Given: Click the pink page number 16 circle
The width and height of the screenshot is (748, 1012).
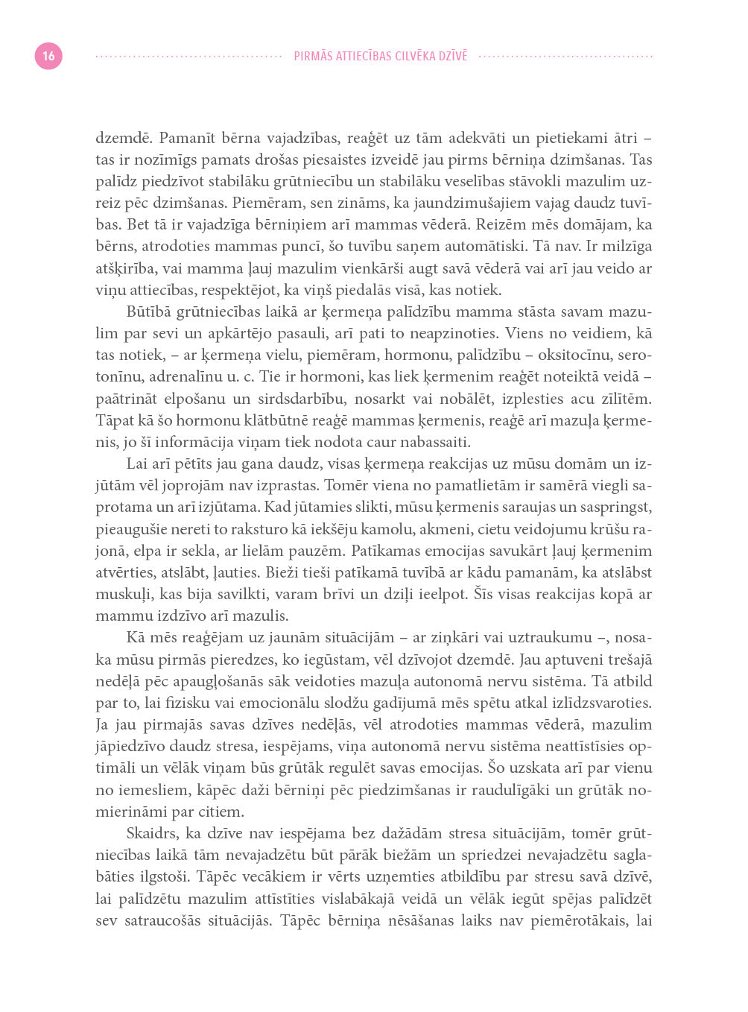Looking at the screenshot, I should coord(48,56).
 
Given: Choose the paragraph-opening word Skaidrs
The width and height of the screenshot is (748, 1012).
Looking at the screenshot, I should coord(153,833).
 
